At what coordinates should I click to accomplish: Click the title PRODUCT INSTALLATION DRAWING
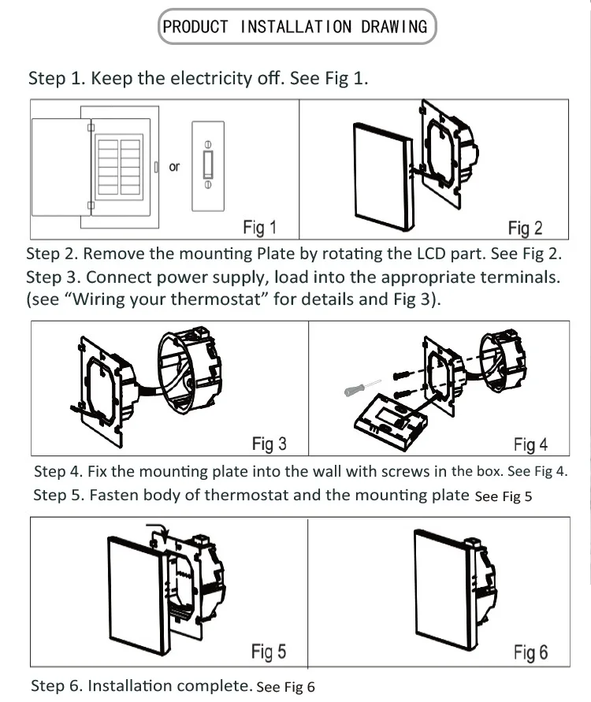coord(295,27)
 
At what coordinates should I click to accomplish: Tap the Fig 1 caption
coord(259,228)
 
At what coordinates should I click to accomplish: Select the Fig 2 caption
coord(525,228)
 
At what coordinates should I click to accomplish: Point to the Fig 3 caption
coord(269,444)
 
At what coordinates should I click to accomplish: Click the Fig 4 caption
coord(530,445)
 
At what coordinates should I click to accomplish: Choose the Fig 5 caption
coord(269,652)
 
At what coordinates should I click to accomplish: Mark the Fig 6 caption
coord(530,652)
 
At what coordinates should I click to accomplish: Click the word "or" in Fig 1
coord(174,166)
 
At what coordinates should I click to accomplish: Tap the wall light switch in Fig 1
coord(208,165)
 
